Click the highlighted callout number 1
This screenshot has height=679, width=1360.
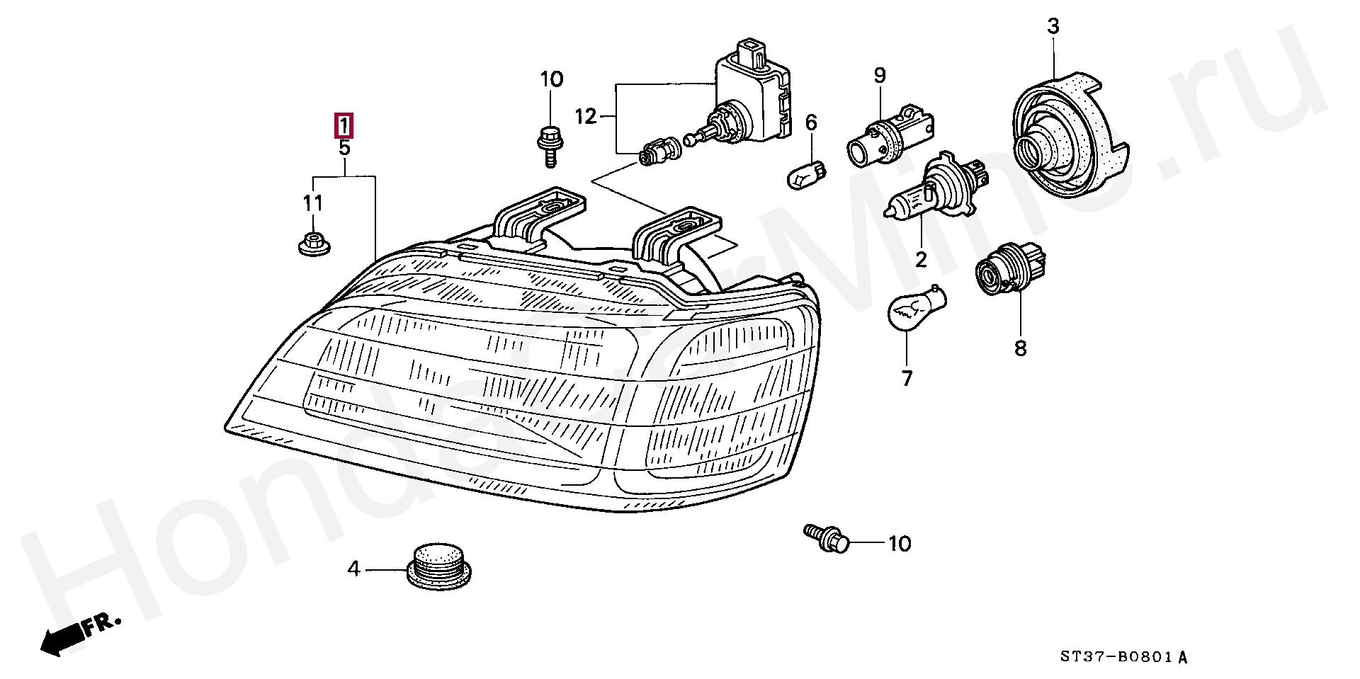344,126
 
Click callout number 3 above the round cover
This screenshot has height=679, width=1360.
1053,27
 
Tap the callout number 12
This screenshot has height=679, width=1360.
586,116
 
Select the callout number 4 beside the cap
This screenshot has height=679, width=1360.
353,569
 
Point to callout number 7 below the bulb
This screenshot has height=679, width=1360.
907,379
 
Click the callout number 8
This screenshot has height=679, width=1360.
1020,348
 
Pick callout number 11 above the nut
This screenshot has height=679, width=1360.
313,203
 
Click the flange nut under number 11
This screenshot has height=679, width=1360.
312,243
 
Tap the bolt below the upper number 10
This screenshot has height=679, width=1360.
549,144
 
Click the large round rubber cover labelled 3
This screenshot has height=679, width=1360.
1066,138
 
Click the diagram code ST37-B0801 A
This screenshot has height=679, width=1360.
1123,658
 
